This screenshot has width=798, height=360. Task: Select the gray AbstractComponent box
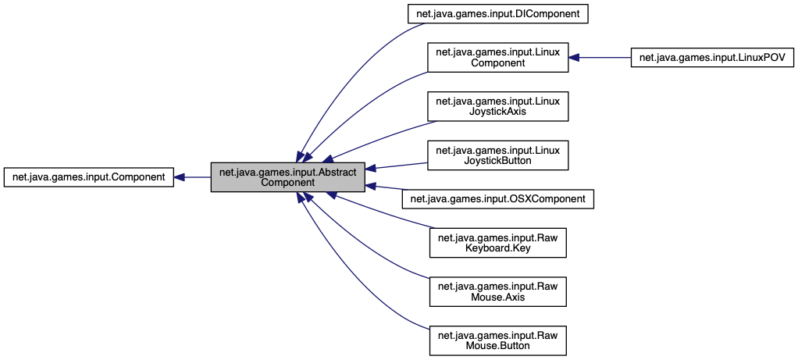(x=288, y=177)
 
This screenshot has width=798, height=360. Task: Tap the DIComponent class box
(x=497, y=13)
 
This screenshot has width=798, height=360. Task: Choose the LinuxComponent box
(x=497, y=58)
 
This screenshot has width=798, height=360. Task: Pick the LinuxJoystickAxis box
(x=497, y=106)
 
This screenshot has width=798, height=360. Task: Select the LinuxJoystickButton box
(x=497, y=155)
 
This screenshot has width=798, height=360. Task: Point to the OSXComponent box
(x=497, y=199)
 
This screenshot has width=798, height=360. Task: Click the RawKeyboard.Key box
(x=497, y=244)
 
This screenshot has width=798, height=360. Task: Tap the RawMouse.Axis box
(x=497, y=292)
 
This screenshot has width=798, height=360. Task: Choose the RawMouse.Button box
(x=497, y=340)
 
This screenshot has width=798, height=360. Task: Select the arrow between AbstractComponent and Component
(x=197, y=177)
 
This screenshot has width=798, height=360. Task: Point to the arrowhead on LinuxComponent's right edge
(x=574, y=58)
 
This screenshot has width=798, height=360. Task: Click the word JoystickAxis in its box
(x=497, y=112)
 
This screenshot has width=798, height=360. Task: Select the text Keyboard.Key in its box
(x=497, y=249)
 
